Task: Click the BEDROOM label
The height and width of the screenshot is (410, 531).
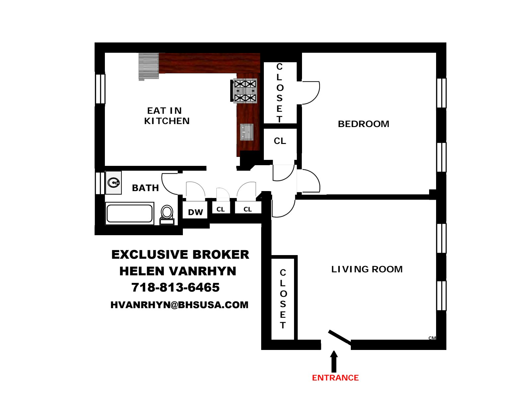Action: pyautogui.click(x=363, y=124)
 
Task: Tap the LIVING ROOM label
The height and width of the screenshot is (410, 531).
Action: pyautogui.click(x=367, y=269)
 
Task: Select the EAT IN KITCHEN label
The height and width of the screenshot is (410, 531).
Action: pyautogui.click(x=166, y=116)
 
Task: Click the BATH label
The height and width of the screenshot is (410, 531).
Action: pyautogui.click(x=145, y=188)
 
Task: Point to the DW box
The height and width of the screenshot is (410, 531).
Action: pyautogui.click(x=195, y=212)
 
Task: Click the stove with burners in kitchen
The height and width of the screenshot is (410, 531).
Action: pyautogui.click(x=245, y=91)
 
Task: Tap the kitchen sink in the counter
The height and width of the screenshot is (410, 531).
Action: pyautogui.click(x=247, y=132)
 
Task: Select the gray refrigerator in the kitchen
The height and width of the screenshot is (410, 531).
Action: pyautogui.click(x=149, y=67)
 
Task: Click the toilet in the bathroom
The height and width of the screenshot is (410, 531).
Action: pyautogui.click(x=167, y=214)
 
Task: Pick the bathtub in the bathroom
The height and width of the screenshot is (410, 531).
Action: pyautogui.click(x=130, y=213)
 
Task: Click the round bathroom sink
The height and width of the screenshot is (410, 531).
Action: pyautogui.click(x=114, y=182)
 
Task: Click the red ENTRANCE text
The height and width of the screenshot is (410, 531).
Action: pyautogui.click(x=335, y=378)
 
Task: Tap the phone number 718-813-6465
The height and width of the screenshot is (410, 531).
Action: pyautogui.click(x=175, y=287)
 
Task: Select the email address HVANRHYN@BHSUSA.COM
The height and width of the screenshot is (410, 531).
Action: pyautogui.click(x=179, y=305)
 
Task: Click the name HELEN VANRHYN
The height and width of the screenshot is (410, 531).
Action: pyautogui.click(x=178, y=271)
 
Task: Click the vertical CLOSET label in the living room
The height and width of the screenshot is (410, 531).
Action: pyautogui.click(x=283, y=298)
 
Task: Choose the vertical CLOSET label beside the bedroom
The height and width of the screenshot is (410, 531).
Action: pyautogui.click(x=279, y=93)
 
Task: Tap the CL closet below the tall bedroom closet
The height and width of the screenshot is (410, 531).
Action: pyautogui.click(x=280, y=141)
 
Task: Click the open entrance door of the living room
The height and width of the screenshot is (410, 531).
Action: pyautogui.click(x=339, y=337)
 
